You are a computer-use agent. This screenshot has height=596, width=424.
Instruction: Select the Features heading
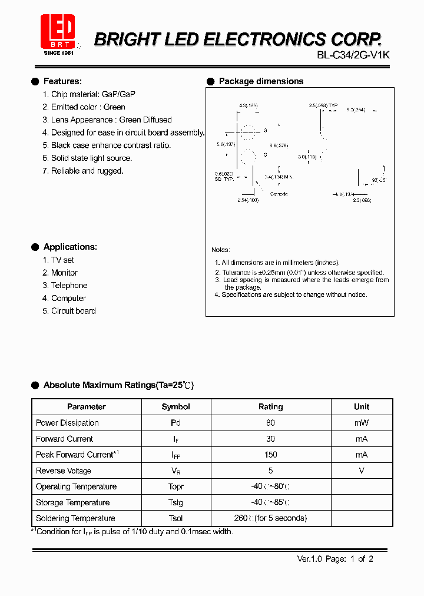(62, 81)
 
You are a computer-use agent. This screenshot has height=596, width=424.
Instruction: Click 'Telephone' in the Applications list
(69, 286)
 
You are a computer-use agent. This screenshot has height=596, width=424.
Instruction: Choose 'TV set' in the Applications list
(62, 260)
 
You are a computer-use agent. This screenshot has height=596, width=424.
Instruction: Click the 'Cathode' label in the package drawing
(279, 194)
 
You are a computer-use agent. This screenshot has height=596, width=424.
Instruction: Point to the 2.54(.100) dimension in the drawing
(247, 200)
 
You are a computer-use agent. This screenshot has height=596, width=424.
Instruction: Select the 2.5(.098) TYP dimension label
(323, 105)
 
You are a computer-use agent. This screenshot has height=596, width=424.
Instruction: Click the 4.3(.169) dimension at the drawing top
(248, 105)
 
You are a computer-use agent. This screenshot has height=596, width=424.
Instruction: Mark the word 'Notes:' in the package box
(221, 250)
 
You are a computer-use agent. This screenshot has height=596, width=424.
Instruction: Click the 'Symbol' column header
(175, 407)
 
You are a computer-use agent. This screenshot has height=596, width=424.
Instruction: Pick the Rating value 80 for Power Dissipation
(270, 423)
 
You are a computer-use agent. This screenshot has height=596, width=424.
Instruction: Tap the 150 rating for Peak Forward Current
(270, 455)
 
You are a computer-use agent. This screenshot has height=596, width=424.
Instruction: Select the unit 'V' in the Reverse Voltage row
(362, 471)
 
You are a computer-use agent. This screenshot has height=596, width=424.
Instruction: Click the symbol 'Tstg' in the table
(175, 502)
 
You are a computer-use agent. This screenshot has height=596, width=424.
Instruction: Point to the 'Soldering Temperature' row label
(75, 518)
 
